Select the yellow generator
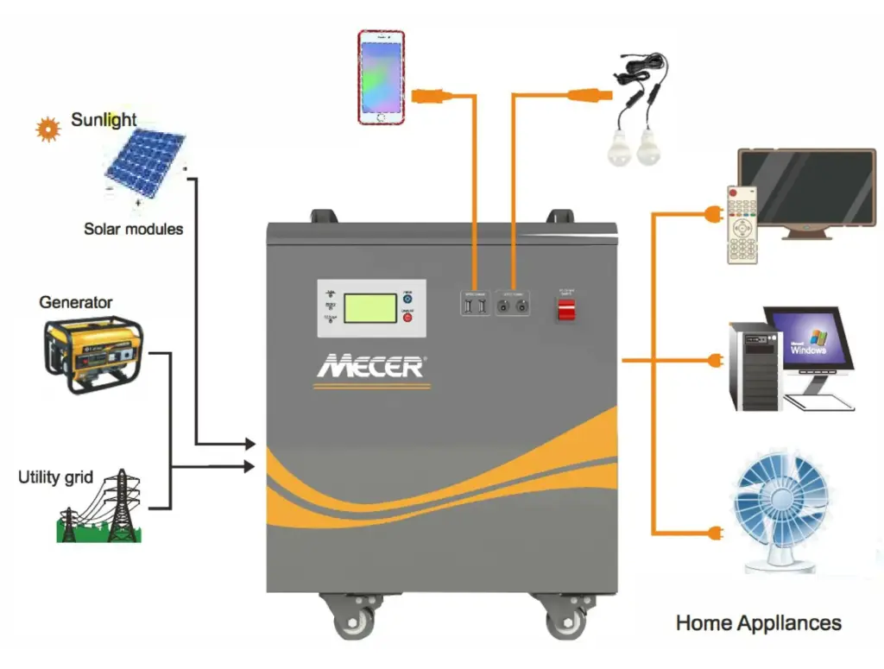click(92, 352)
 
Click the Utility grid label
click(55, 477)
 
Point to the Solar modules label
click(133, 229)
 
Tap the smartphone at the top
click(382, 77)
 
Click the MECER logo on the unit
click(370, 365)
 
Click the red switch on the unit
click(565, 309)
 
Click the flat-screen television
click(808, 192)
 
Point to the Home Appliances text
click(758, 622)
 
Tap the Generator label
click(76, 302)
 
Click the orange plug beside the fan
click(713, 532)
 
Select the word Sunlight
click(104, 119)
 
